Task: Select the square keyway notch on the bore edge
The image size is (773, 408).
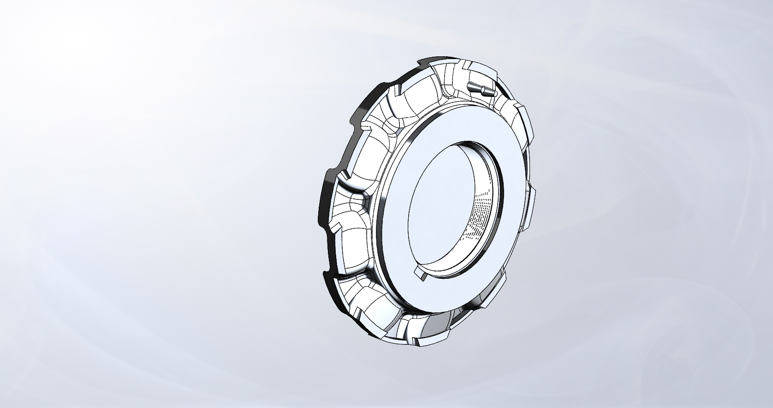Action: click(421, 272)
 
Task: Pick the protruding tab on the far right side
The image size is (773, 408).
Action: click(530, 208)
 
